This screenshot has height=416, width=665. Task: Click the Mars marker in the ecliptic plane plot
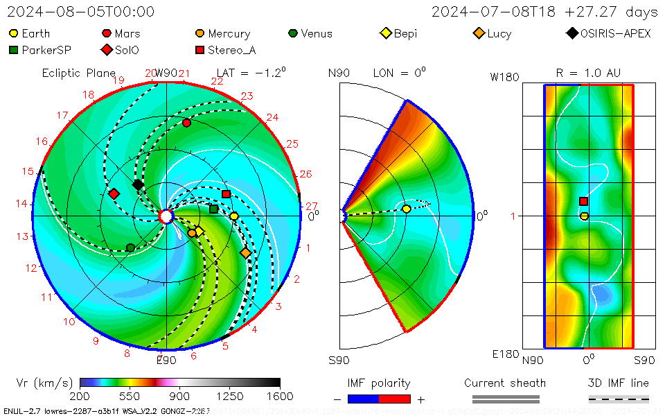[x=186, y=123]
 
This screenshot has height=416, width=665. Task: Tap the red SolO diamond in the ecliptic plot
[x=114, y=193]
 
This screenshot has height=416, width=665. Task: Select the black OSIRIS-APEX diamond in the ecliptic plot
[x=138, y=184]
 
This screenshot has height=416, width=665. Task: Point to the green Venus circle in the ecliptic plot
[x=130, y=248]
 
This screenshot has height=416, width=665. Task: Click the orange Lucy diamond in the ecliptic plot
[x=246, y=253]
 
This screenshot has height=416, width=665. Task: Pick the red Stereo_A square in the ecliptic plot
[x=226, y=194]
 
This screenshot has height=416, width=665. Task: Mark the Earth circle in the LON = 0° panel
[x=406, y=209]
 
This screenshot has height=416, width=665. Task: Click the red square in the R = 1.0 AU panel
[x=583, y=201]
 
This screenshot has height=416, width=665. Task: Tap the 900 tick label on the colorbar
[x=180, y=396]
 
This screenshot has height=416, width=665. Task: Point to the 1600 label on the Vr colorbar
[x=280, y=396]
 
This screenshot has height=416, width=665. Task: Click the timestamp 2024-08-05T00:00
[x=81, y=12]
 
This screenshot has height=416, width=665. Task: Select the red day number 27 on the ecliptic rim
[x=312, y=206]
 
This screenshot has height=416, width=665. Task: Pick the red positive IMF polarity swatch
[x=395, y=399]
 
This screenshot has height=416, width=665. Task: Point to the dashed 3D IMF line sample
[x=619, y=399]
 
